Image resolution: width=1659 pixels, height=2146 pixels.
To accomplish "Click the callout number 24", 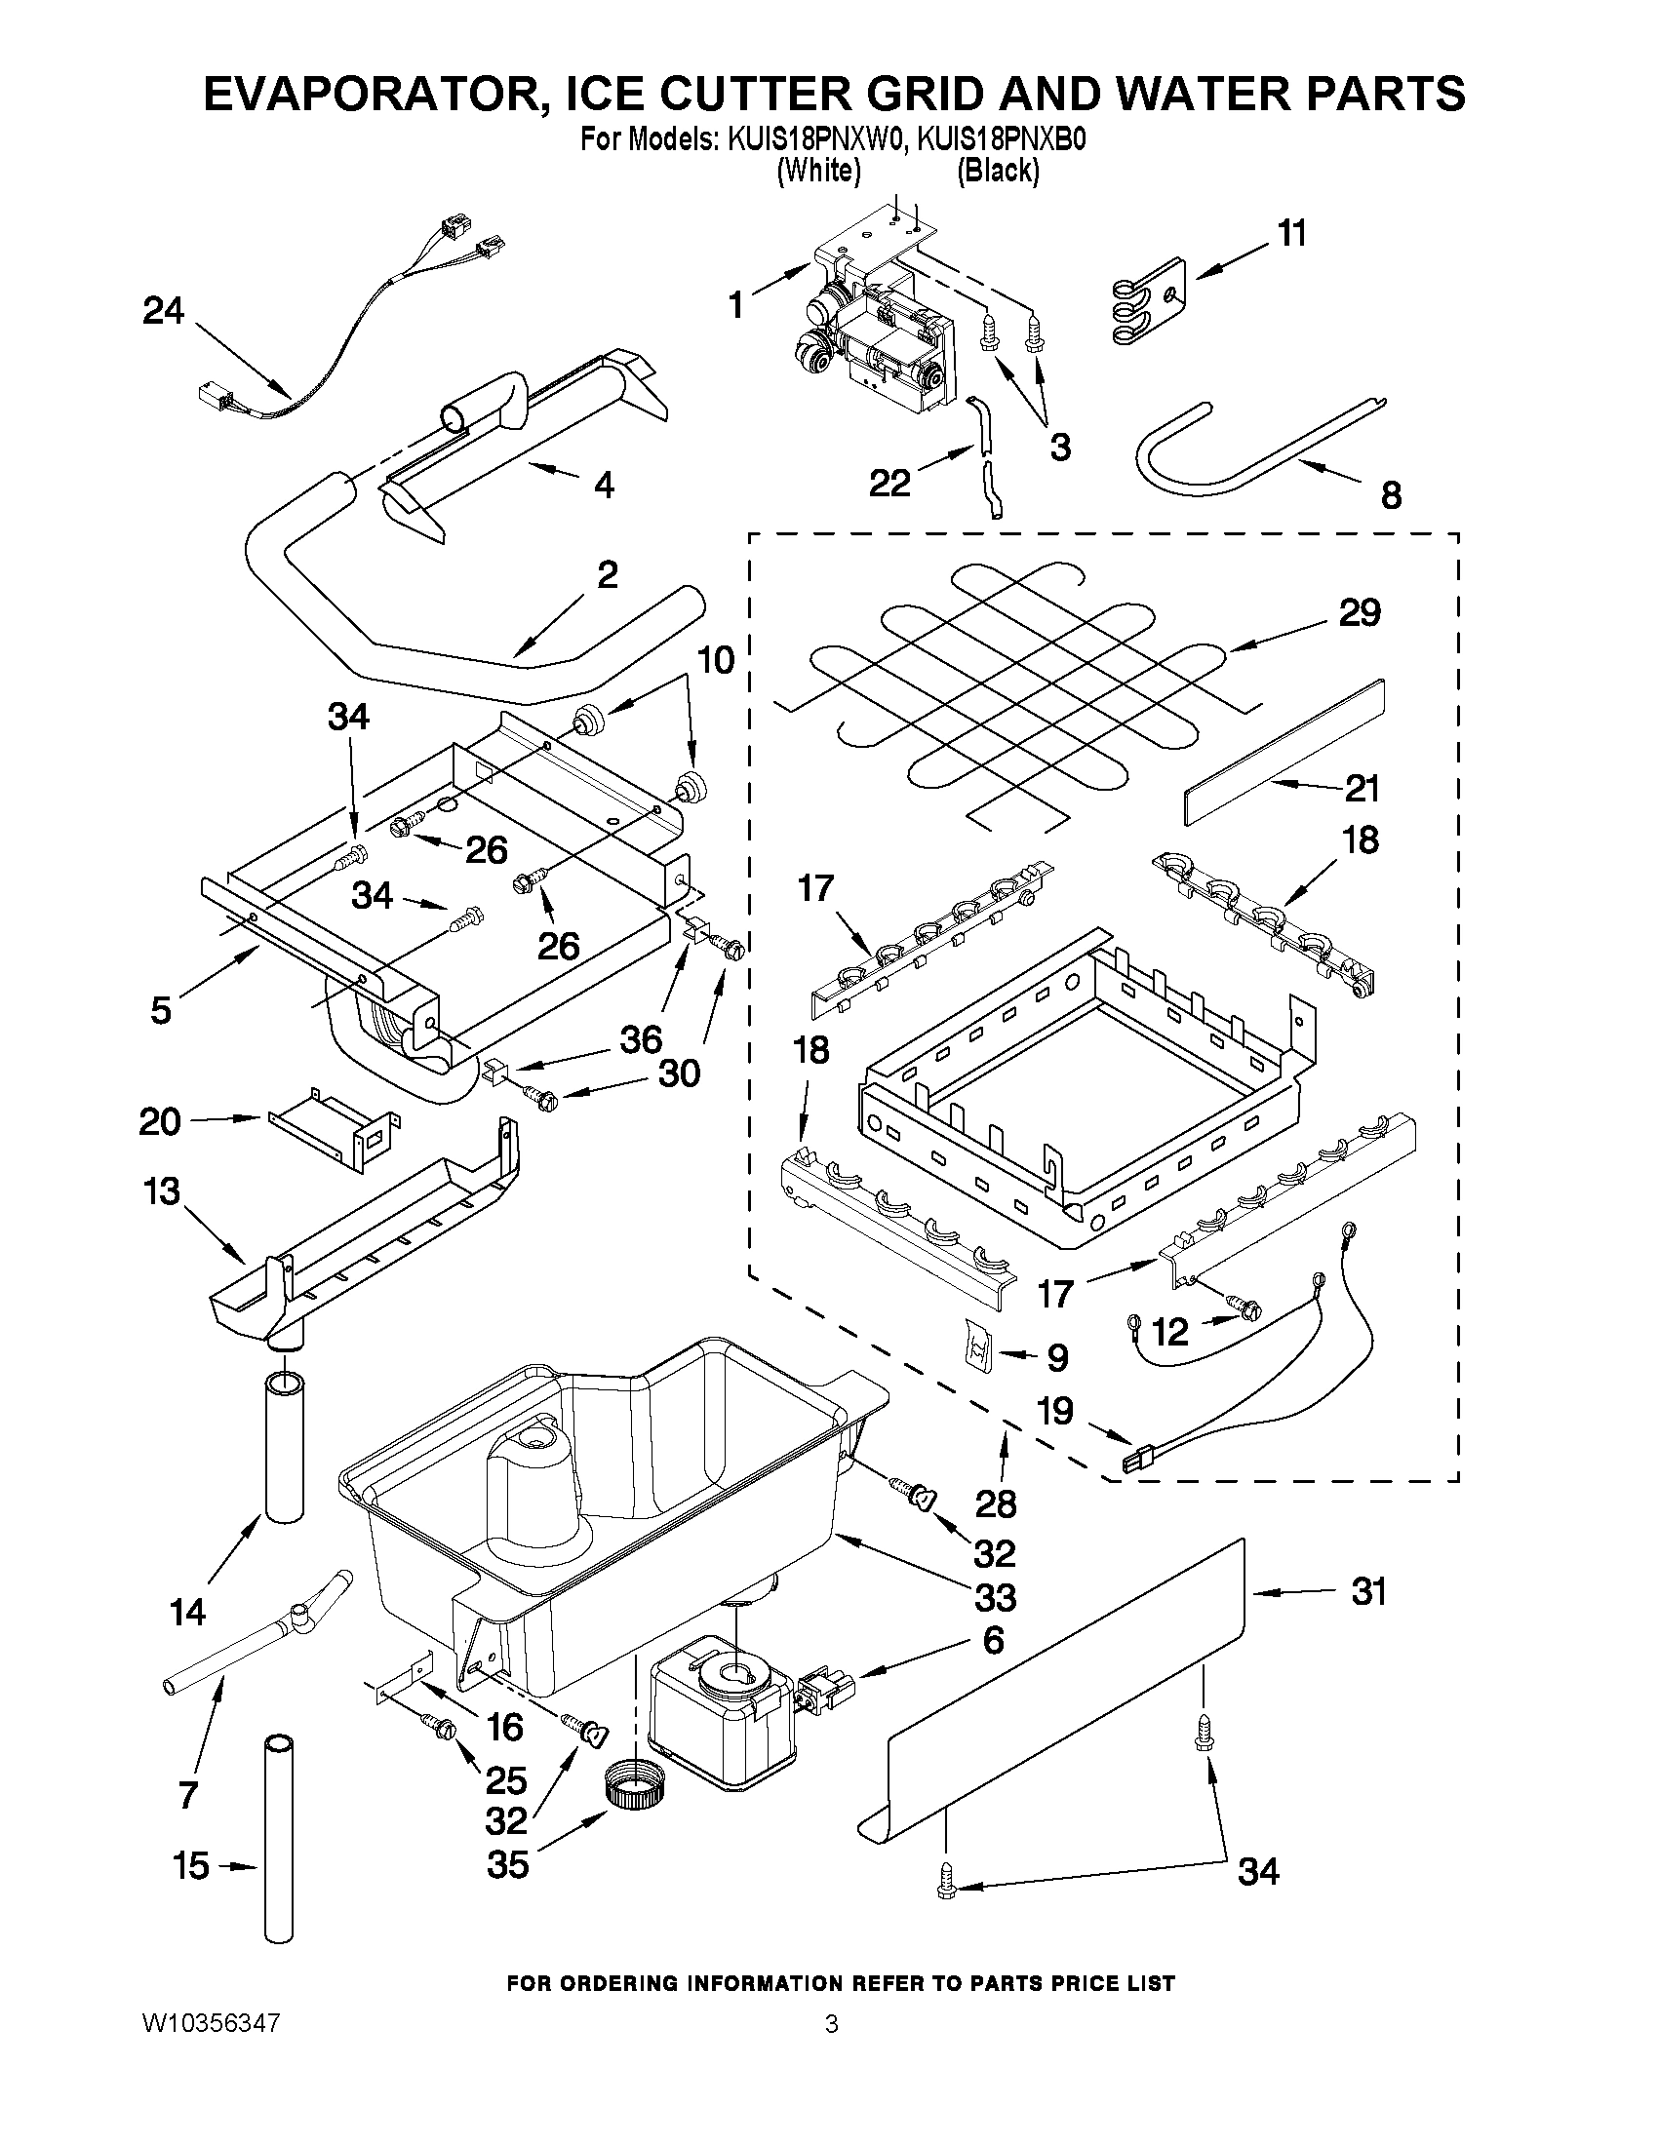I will (x=163, y=311).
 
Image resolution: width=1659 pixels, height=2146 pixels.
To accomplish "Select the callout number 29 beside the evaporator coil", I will (x=1360, y=612).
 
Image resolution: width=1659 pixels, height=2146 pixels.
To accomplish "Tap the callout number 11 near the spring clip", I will (x=1292, y=234).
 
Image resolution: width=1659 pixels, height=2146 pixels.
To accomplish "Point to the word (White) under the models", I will (x=817, y=170).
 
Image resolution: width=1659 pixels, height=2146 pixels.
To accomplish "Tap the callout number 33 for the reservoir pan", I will (x=995, y=1597).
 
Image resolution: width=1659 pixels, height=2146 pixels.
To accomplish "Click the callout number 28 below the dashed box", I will (x=996, y=1502).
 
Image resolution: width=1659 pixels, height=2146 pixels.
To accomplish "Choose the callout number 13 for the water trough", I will (x=162, y=1190).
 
